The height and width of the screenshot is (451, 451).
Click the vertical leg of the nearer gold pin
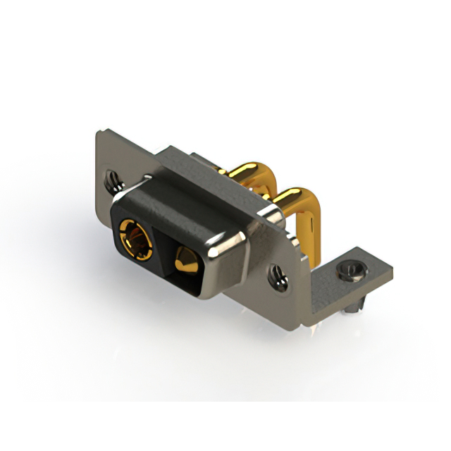310,240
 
